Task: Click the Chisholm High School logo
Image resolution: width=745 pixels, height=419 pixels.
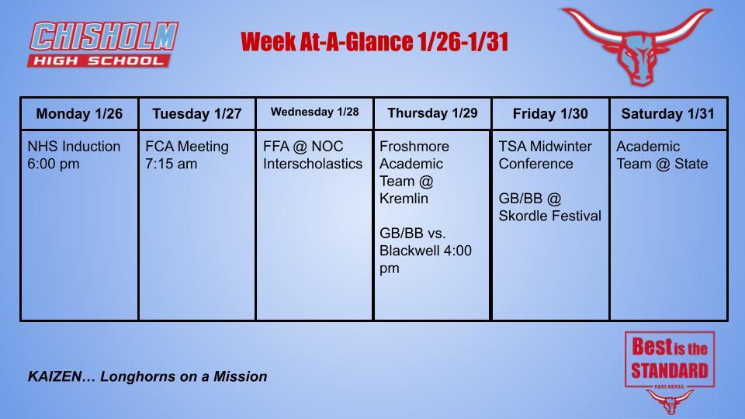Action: [103, 44]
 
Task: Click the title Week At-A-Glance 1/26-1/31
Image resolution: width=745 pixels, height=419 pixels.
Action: [374, 42]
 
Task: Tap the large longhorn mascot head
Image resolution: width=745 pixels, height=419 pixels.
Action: [636, 45]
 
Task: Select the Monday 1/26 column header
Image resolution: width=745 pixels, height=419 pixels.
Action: [79, 114]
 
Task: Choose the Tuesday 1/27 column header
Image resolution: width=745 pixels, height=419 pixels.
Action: [197, 114]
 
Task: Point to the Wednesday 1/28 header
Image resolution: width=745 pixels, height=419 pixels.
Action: [314, 113]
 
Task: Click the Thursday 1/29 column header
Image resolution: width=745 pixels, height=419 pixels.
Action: [432, 113]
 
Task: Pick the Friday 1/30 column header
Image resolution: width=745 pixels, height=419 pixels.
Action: [550, 114]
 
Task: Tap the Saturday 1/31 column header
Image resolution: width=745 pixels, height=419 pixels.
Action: [668, 114]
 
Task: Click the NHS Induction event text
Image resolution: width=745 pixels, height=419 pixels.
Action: [74, 147]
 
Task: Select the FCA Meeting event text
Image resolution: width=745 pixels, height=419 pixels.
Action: [187, 147]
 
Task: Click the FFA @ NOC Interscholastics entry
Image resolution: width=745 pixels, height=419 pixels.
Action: [313, 155]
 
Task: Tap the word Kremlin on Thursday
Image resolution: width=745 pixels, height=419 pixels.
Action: [404, 199]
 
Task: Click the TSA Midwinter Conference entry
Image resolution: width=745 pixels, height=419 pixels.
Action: [545, 155]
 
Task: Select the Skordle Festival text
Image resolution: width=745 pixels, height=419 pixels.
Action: [549, 216]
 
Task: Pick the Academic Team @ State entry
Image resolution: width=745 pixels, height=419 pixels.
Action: [662, 155]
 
